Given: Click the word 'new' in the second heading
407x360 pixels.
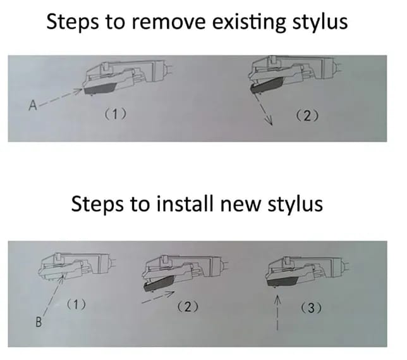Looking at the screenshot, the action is coord(240,205).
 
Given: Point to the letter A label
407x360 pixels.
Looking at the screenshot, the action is coord(33,106).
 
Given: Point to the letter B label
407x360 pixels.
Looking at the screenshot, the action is coord(39,322).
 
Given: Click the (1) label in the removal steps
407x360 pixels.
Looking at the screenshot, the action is coord(116,114).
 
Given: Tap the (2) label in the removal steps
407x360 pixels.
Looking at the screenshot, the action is coord(307,116).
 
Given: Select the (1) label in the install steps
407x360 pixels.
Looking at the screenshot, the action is coord(76,304).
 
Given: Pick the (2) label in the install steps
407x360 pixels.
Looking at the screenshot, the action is coord(188,307).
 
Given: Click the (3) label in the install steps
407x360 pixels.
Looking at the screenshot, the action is coord(311,308).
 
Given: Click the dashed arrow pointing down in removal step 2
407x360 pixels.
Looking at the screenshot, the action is coord(263,109).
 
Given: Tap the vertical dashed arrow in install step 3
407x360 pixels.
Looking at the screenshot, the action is coord(277,313).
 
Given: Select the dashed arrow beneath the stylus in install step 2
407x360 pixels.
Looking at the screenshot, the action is coord(158,297).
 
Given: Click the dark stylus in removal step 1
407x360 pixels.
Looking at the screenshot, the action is coord(100,89).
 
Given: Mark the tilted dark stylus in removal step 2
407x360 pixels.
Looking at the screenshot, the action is coord(266,86).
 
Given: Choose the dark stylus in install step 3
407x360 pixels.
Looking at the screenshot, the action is coord(282,281).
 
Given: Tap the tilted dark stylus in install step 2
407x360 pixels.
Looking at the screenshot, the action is coord(159,283).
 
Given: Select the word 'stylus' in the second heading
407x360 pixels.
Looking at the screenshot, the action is coord(295,204).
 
